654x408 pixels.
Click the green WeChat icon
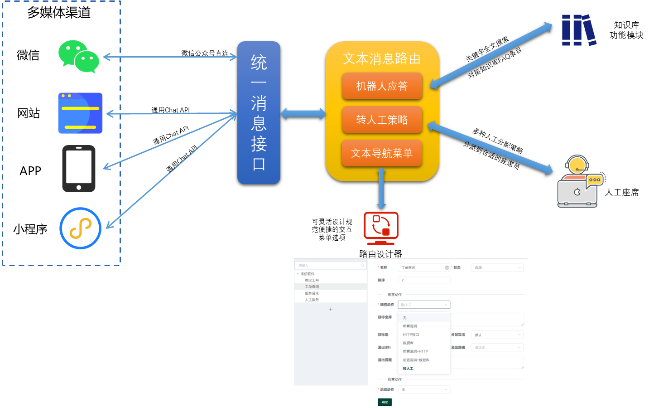[x=79, y=57]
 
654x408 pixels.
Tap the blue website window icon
[x=80, y=113]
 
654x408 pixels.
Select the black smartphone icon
[x=79, y=169]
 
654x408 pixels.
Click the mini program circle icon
[x=80, y=228]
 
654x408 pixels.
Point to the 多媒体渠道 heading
[x=59, y=13]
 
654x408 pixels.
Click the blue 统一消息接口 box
[x=259, y=112]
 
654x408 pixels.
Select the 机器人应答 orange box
[x=382, y=86]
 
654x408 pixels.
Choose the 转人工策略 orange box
[x=382, y=120]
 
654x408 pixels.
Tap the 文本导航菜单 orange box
[x=382, y=153]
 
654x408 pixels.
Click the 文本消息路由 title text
[x=382, y=58]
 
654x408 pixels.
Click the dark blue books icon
[x=578, y=30]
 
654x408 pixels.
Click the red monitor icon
[x=381, y=228]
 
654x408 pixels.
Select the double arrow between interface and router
[x=303, y=113]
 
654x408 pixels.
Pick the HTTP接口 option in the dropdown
[x=411, y=335]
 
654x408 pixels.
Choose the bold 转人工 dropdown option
[x=408, y=369]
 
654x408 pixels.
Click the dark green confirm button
[x=385, y=402]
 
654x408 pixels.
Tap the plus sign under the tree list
[x=331, y=309]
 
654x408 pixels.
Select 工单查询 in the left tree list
[x=312, y=287]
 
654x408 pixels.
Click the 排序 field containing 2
[x=424, y=280]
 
